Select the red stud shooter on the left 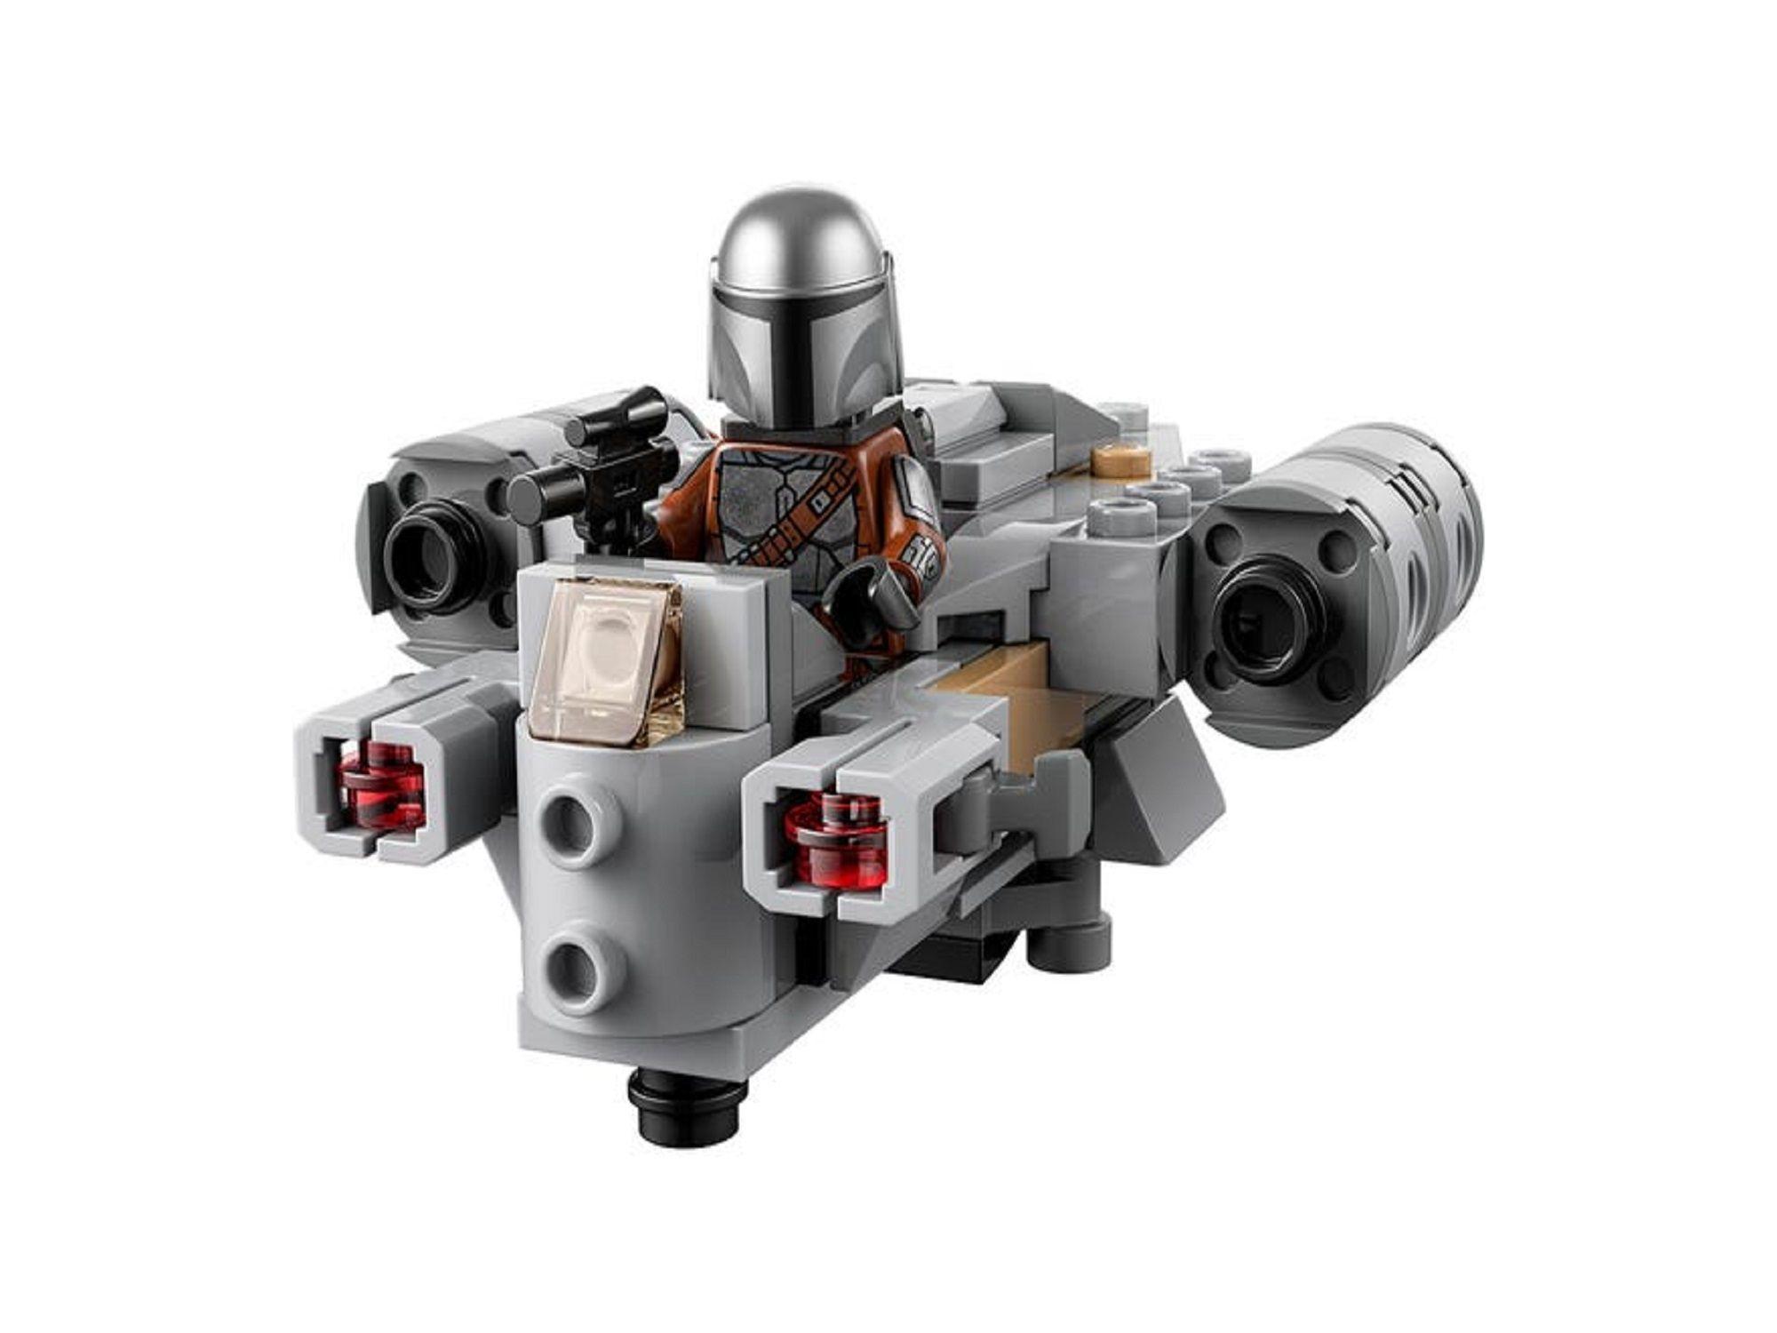tap(384, 786)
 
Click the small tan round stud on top tap(1121, 461)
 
